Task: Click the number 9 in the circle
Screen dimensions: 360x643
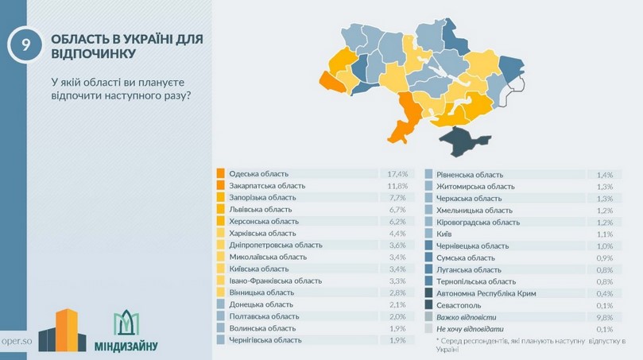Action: pos(26,45)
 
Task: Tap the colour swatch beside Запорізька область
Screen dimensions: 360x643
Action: pos(220,197)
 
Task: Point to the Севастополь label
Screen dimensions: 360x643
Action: pos(459,305)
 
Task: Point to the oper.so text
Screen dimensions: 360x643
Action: pos(16,339)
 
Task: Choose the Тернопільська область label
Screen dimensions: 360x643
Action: pos(475,281)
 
